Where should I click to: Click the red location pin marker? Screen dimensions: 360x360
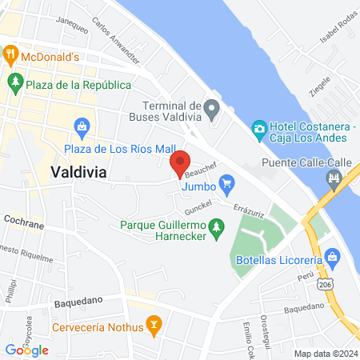coord(180,162)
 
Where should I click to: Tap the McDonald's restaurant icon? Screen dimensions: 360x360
coord(10,55)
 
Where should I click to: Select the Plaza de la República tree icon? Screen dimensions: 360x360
coord(15,82)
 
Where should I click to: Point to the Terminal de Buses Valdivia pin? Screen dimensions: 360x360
coord(211,107)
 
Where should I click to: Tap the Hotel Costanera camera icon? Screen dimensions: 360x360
coord(259,128)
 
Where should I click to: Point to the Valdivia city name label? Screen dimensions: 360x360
coord(79,172)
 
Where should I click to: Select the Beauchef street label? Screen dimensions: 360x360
coord(201,173)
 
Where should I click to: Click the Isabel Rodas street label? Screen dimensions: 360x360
coord(335,30)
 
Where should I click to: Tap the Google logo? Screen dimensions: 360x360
coord(26,349)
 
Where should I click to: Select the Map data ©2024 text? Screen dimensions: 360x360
coord(325,354)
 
